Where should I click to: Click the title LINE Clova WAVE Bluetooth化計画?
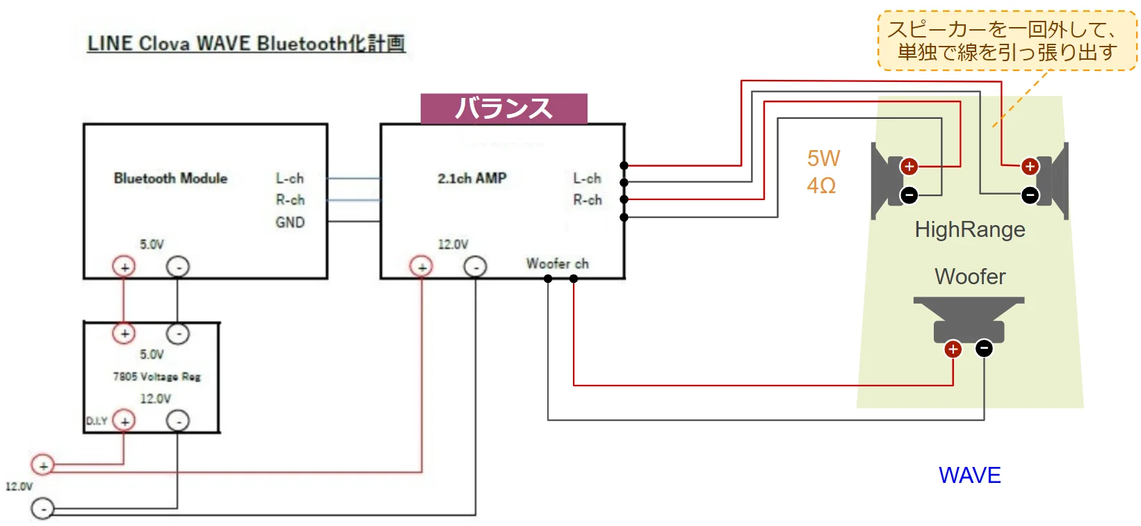point(246,44)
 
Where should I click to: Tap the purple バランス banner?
point(504,108)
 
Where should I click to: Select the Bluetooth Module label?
point(170,179)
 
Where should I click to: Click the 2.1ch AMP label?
point(472,179)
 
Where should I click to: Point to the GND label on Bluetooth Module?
point(290,222)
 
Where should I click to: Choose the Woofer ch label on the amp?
point(557,264)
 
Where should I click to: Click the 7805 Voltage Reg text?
point(157,377)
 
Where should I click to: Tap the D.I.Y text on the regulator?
point(97,421)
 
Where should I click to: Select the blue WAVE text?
point(969,475)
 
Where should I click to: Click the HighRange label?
point(969,229)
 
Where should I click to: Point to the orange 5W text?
point(823,158)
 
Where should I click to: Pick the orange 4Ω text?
point(821,186)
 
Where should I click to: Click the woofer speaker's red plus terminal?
point(953,349)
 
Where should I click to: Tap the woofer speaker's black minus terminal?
point(984,348)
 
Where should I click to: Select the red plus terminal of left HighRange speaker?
point(909,167)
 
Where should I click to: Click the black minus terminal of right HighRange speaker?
point(1030,195)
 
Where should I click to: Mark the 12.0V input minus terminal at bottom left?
point(43,509)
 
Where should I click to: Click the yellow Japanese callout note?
point(1007,40)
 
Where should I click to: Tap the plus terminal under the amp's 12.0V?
point(421,267)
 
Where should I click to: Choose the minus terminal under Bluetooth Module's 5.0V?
point(178,267)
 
